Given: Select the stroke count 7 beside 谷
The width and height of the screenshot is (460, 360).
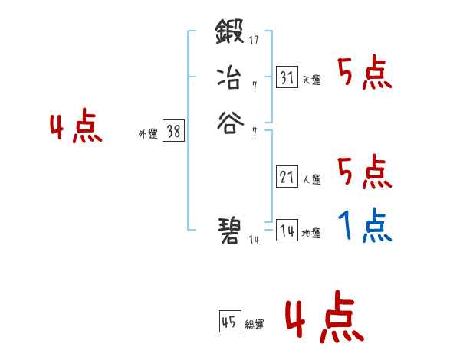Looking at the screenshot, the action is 254,132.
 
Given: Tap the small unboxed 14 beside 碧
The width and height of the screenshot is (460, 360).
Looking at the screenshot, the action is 255,240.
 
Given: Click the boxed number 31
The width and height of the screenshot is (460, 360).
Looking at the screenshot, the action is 287,77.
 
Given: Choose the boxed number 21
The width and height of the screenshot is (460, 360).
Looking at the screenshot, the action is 287,176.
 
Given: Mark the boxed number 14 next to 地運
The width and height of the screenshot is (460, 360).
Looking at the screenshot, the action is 287,230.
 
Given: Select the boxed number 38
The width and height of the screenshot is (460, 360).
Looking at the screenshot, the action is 173,131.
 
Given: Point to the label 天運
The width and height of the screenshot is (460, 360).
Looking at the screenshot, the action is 312,80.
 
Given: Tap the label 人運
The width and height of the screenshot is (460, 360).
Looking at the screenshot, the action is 312,180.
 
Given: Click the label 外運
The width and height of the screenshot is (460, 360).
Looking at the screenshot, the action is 148,134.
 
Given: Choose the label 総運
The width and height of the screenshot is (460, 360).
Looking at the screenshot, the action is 255,325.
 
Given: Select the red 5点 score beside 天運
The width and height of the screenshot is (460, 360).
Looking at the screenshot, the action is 364,74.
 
